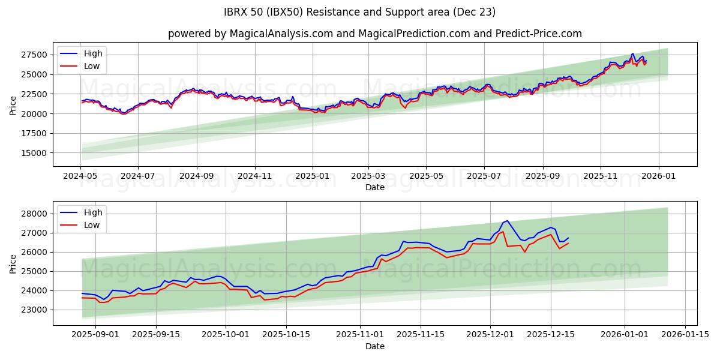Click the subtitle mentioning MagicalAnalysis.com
374,34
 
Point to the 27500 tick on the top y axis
35,55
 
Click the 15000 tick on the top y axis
35,153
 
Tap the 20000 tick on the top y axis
35,114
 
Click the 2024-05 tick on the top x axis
80,177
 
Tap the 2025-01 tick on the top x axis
312,177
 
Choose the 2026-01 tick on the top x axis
658,177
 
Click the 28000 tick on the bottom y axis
35,214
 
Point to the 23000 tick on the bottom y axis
35,310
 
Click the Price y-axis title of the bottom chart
13,263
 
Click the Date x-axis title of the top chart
374,187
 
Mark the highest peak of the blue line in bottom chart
508,221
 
